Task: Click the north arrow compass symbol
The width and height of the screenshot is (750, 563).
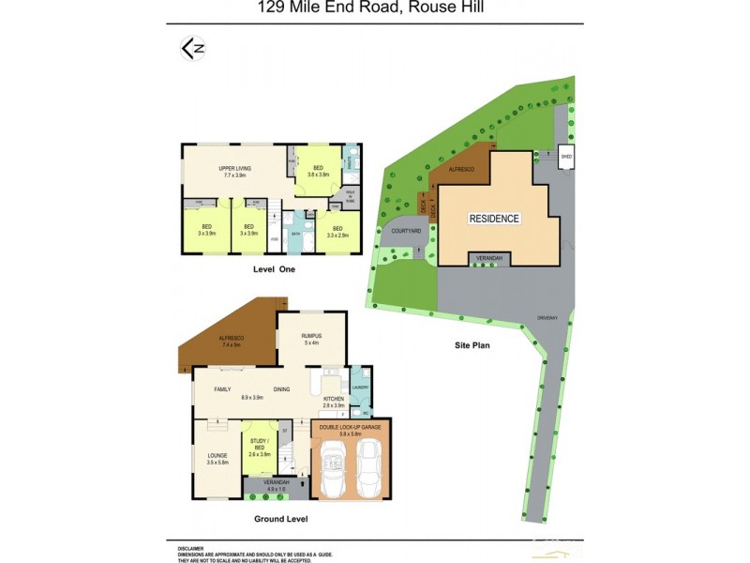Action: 192,49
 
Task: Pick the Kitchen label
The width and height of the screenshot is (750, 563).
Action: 334,400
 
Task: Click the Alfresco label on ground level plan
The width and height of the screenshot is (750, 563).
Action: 230,339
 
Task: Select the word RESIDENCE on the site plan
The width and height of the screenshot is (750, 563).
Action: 494,218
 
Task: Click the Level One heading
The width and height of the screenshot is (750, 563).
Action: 274,269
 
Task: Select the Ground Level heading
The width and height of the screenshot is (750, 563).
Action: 280,518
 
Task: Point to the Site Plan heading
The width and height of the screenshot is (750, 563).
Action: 472,345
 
